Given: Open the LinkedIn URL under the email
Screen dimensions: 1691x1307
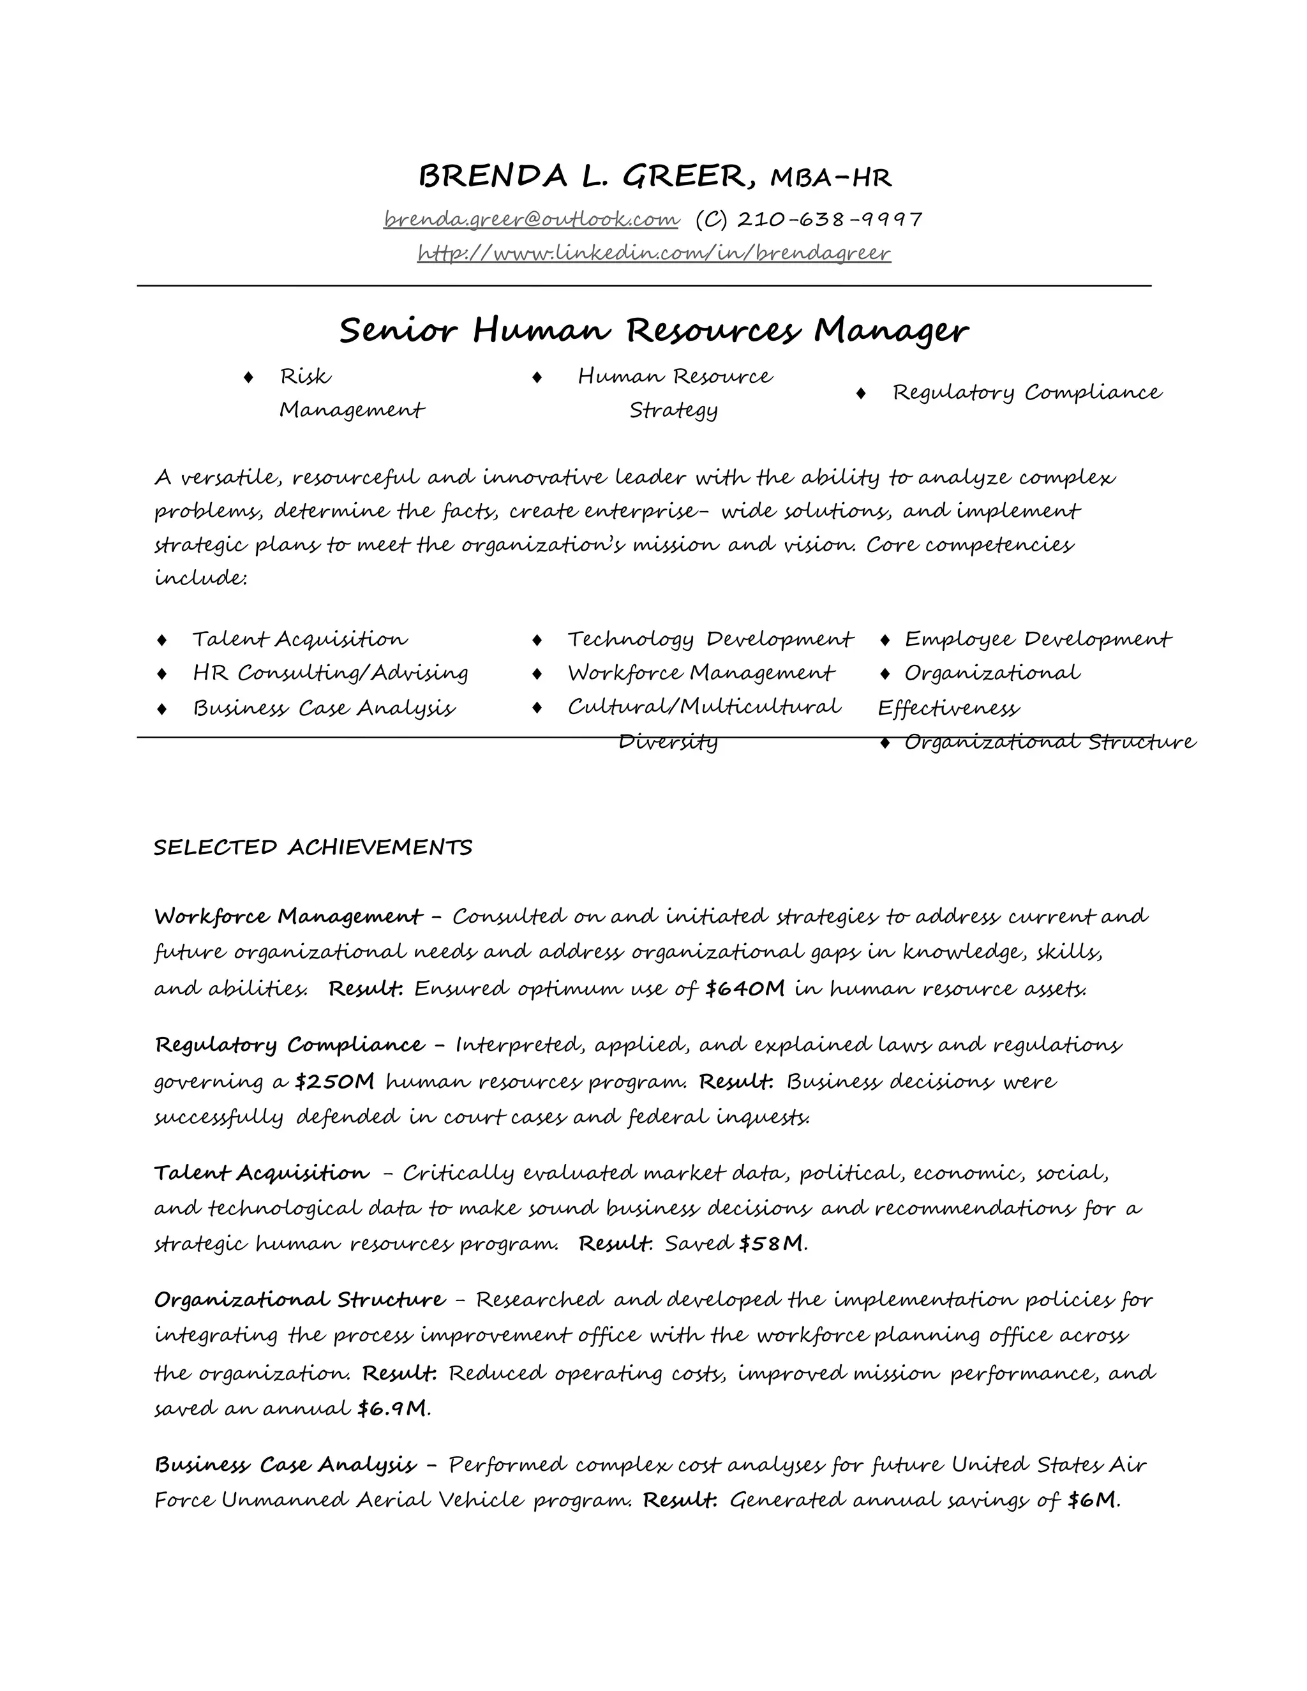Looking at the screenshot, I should coord(653,253).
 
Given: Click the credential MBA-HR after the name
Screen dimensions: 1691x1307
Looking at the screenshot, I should coord(831,178).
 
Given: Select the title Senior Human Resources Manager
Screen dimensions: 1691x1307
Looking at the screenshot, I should coord(653,331).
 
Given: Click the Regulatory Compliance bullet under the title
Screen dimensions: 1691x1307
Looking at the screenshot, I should coord(1027,392).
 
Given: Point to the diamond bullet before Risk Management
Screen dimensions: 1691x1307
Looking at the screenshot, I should coord(248,377).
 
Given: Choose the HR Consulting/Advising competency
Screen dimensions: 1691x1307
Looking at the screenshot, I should coord(331,673).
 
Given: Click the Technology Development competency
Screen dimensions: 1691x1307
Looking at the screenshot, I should coord(709,639).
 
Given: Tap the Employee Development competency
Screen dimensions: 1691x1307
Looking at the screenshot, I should coord(1038,639).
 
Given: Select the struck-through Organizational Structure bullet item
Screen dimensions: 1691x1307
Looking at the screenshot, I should coord(1049,743).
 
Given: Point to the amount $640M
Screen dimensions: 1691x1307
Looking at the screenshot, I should coord(745,988).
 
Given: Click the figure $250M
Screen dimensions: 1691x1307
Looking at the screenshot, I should coord(334,1081).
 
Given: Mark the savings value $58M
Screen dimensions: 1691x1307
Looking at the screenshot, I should coord(771,1244).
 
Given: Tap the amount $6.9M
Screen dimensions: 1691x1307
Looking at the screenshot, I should coord(392,1408).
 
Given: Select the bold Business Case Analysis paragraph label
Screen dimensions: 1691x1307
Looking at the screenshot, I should coord(285,1465).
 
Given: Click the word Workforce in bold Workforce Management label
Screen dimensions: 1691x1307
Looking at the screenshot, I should coord(212,917).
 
